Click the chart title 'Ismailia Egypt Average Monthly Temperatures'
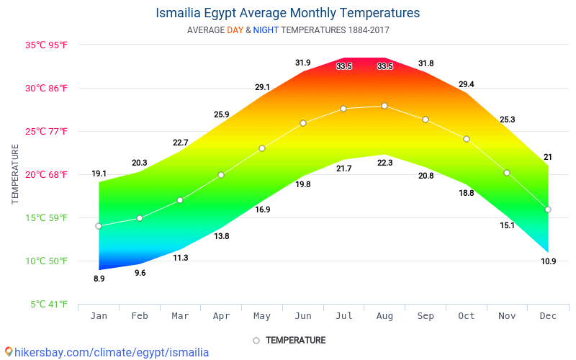click(x=288, y=13)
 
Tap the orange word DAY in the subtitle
click(x=235, y=30)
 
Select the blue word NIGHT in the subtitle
click(x=266, y=30)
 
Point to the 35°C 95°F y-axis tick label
click(x=46, y=45)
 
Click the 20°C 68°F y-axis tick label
click(x=46, y=174)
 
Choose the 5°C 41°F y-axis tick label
click(x=48, y=304)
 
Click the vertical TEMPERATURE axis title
click(x=15, y=174)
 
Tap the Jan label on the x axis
click(x=99, y=315)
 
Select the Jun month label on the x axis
click(x=303, y=315)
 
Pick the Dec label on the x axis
click(x=548, y=315)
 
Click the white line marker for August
click(x=384, y=106)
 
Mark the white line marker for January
click(x=99, y=226)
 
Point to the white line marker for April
click(x=221, y=175)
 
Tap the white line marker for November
click(x=507, y=173)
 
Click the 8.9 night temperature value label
click(x=99, y=279)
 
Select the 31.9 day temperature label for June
click(x=303, y=63)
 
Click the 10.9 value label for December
click(x=548, y=261)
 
